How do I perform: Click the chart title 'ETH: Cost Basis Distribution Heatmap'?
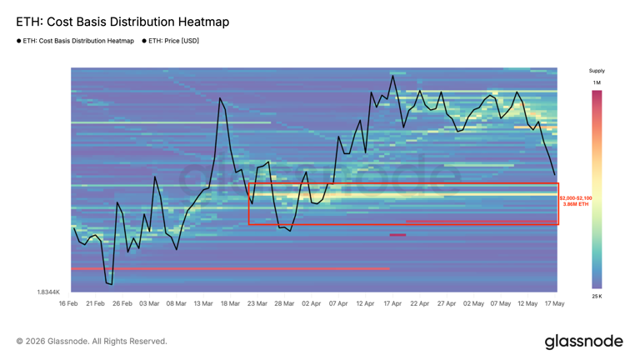[x=122, y=22]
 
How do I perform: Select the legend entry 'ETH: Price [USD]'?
[x=173, y=41]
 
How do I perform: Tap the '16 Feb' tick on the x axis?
[x=68, y=303]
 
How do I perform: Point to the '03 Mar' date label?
[x=149, y=303]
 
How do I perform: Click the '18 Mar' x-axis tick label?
[x=230, y=303]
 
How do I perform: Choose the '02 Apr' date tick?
[x=311, y=303]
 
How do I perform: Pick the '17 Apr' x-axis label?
[x=392, y=303]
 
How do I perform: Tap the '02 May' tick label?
[x=473, y=303]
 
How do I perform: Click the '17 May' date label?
[x=555, y=303]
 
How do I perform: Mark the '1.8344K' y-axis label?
[x=48, y=292]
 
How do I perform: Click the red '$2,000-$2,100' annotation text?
[x=576, y=198]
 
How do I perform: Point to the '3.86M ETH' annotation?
[x=576, y=204]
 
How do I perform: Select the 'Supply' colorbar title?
[x=597, y=71]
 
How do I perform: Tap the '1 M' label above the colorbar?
[x=597, y=82]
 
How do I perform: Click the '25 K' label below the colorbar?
[x=597, y=297]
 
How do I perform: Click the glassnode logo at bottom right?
[x=583, y=342]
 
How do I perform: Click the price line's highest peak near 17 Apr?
[x=393, y=75]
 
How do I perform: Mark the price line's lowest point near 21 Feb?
[x=112, y=284]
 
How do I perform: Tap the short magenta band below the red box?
[x=397, y=235]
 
